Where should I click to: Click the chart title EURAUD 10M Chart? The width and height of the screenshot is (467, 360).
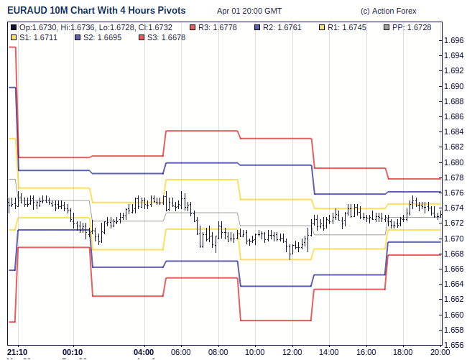point(96,11)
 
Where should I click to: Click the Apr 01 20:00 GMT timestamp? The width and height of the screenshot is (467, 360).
point(249,11)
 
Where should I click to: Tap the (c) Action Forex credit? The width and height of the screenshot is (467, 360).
point(388,11)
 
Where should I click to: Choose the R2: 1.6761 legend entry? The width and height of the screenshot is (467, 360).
point(285,27)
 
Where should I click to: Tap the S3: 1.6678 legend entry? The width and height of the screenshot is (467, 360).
point(165,37)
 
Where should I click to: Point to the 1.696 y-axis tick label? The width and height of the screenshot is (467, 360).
point(454,40)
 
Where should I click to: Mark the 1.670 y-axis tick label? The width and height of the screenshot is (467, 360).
point(454,239)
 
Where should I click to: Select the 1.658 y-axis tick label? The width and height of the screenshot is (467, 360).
point(454,330)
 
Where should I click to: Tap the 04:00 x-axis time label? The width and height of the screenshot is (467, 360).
point(145,352)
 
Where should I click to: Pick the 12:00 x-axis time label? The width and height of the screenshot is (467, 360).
point(292,352)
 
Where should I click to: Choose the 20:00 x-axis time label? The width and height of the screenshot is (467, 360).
point(440,352)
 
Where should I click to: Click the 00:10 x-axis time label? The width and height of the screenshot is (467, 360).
point(73,352)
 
